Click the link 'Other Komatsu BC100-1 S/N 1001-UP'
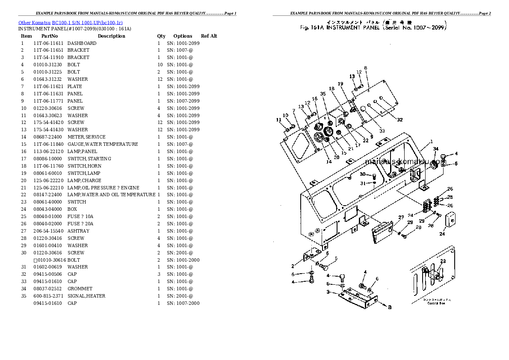pos(71,22)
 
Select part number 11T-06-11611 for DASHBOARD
pos(48,43)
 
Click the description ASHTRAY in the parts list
pos(78,231)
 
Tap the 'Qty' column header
pos(161,36)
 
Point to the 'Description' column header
pos(111,36)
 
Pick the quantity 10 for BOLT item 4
pos(160,65)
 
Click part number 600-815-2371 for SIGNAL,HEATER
pos(48,296)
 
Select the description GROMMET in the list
pos(80,289)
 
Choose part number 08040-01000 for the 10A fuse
pos(48,216)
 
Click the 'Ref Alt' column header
pos(209,36)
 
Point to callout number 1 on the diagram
pos(431,142)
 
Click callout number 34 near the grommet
pos(435,149)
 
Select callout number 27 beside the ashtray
pos(401,218)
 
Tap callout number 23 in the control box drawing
pos(443,261)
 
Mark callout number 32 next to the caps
pos(400,120)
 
